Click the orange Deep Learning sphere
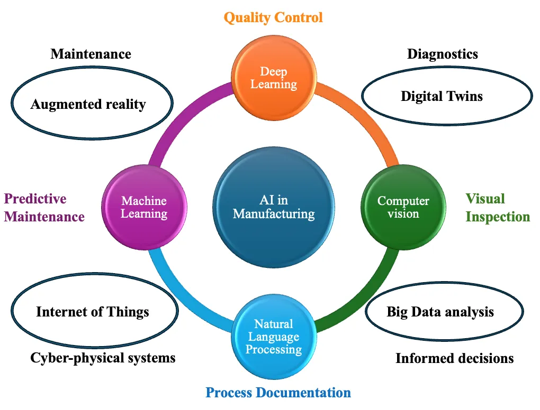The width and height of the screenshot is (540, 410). tap(274, 78)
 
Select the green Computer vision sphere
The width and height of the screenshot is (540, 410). tap(403, 207)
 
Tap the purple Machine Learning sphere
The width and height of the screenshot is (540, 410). tap(144, 207)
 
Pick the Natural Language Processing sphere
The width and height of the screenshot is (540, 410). tap(273, 337)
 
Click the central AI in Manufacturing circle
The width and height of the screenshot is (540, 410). tap(274, 207)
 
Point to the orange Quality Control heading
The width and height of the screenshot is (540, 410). tap(273, 17)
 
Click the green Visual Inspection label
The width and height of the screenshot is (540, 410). tap(497, 208)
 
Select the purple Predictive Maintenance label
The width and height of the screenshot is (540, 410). tap(44, 208)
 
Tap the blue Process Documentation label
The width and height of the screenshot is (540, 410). tap(278, 393)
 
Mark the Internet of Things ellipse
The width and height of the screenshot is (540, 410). tap(93, 311)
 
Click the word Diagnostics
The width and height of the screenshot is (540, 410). tap(442, 54)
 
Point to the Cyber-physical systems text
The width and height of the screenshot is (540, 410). tap(103, 358)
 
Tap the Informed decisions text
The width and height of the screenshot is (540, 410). tap(454, 358)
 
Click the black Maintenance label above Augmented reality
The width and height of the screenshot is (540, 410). tap(91, 54)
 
